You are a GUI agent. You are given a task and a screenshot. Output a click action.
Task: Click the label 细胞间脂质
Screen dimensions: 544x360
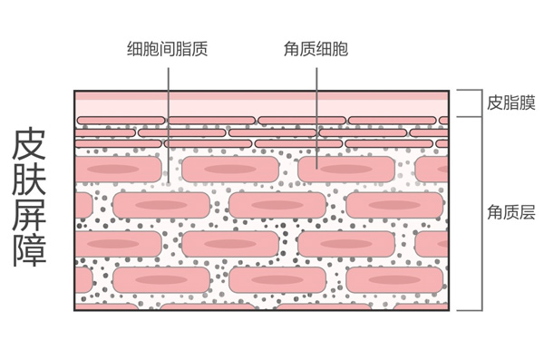coord(167,49)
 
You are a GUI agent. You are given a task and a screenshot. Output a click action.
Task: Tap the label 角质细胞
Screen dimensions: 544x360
coord(316,49)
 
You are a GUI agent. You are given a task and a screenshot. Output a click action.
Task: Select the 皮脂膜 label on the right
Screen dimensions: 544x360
coord(511,102)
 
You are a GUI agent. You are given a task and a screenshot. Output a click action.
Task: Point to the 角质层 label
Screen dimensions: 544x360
coord(511,212)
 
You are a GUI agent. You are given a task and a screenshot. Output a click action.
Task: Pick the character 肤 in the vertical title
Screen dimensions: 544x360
coord(29,179)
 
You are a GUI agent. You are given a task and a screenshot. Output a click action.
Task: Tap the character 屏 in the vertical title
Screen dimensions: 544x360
coord(29,215)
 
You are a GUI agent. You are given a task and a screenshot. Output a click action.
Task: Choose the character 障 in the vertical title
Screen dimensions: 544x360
coord(29,250)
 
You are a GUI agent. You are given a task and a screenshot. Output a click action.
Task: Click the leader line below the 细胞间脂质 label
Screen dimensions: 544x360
coord(169,125)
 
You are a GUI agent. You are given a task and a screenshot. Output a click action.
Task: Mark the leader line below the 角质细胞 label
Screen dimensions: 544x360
coord(316,118)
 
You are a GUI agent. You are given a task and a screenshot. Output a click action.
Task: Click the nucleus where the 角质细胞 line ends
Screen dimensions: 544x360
coord(346,169)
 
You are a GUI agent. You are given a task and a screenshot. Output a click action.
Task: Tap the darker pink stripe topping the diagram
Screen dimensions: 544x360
coord(262,96)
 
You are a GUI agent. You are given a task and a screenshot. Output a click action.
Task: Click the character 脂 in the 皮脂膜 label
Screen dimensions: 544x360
coord(511,102)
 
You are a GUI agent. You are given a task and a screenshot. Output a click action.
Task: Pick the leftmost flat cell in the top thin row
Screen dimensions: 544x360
coord(121,121)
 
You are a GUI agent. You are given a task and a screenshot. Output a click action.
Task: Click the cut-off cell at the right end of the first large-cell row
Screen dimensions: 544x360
coord(432,169)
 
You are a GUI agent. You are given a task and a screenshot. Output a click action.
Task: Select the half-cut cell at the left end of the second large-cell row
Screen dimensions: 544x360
coord(84,205)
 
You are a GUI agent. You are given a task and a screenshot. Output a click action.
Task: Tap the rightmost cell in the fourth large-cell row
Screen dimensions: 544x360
coord(394,280)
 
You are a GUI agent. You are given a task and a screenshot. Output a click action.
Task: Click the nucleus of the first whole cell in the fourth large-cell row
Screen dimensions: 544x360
coord(161,280)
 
